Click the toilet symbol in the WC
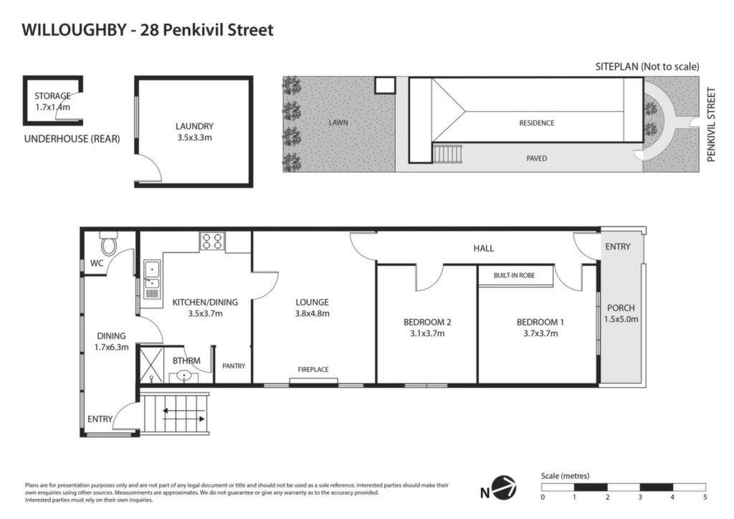[109, 243]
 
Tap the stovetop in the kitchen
[211, 242]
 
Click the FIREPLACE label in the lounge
[313, 369]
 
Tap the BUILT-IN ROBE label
[514, 275]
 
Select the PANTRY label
[234, 366]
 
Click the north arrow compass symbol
[506, 487]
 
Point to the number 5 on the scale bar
[705, 497]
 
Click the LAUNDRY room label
[194, 126]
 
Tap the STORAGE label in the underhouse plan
[52, 96]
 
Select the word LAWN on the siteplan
[338, 123]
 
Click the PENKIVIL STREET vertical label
[712, 125]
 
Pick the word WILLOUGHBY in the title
[74, 30]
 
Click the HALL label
[484, 248]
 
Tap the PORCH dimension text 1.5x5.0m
[621, 319]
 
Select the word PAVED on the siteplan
[536, 158]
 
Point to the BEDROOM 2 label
[427, 322]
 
